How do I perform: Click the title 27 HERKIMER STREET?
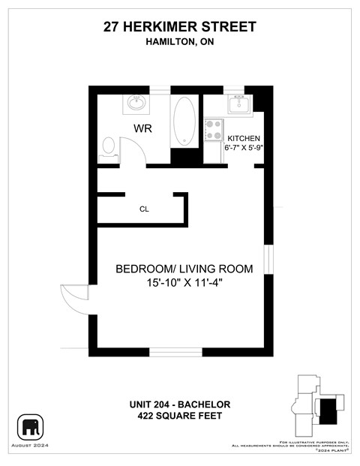pyautogui.click(x=179, y=27)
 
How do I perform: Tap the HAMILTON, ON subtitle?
pyautogui.click(x=179, y=42)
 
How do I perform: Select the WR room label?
pyautogui.click(x=142, y=128)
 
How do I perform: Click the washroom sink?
pyautogui.click(x=136, y=102)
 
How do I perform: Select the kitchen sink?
pyautogui.click(x=238, y=104)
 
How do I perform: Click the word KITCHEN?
pyautogui.click(x=244, y=139)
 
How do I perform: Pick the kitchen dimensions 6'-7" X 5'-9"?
pyautogui.click(x=244, y=148)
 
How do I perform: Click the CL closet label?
pyautogui.click(x=144, y=209)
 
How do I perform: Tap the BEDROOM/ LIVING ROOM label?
pyautogui.click(x=184, y=269)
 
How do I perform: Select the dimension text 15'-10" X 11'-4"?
pyautogui.click(x=184, y=283)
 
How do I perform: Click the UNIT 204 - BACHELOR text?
pyautogui.click(x=179, y=404)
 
